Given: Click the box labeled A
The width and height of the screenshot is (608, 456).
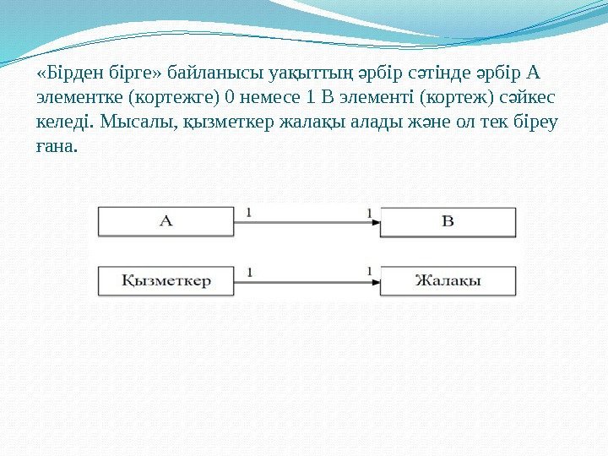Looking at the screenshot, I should coord(166,221).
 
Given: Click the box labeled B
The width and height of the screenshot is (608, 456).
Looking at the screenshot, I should coord(448,221).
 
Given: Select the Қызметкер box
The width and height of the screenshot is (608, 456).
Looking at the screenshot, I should coord(166,280).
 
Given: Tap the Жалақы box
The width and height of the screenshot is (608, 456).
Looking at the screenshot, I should coord(448,280).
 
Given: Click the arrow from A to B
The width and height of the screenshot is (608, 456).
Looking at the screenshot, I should coord(307,222).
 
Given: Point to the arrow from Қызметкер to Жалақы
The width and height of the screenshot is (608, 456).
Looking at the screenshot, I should coord(307,281).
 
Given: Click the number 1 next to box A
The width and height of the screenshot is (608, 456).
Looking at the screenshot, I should coord(249,213).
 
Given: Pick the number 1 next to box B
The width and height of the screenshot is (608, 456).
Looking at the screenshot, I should coord(370,213).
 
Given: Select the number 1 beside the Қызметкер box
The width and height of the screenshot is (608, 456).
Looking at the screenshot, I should coord(249,271).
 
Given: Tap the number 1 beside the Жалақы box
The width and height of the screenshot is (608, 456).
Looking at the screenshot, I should coord(370,271).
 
